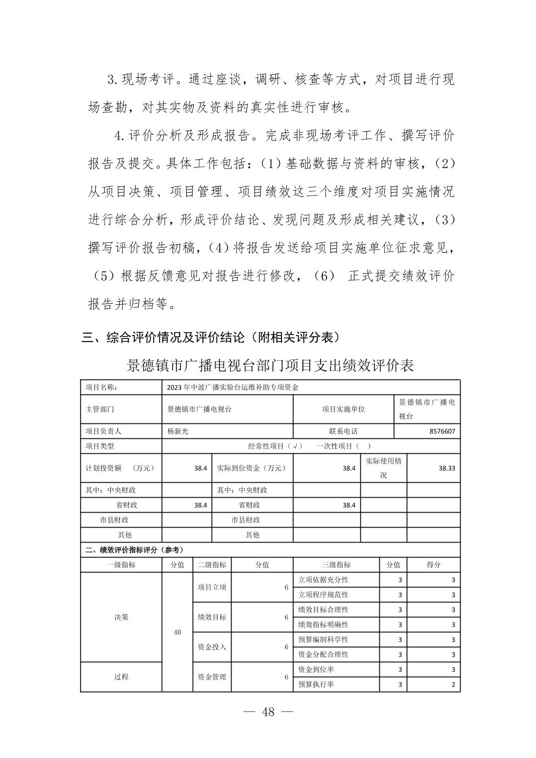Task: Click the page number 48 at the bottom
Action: click(x=268, y=712)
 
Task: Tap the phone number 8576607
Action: click(x=442, y=431)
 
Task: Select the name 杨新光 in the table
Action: click(x=178, y=431)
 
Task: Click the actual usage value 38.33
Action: click(x=447, y=468)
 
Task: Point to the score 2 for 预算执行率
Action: click(x=453, y=685)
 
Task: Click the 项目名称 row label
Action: click(x=101, y=387)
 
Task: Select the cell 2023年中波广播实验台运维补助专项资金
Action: click(x=233, y=387)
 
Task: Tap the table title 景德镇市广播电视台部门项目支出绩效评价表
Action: click(x=270, y=366)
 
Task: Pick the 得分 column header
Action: click(x=433, y=565)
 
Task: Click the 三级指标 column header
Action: click(x=336, y=565)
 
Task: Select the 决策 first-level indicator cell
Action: click(x=121, y=617)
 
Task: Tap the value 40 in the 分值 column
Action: click(x=177, y=632)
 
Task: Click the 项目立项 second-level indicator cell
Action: click(x=212, y=587)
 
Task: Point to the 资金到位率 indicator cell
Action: click(x=316, y=669)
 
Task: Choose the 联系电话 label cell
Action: click(x=343, y=431)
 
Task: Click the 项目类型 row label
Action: click(x=100, y=446)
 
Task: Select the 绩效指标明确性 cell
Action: click(x=323, y=624)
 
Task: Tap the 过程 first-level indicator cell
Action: click(x=121, y=677)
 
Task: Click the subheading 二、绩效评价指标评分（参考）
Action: click(x=134, y=550)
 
